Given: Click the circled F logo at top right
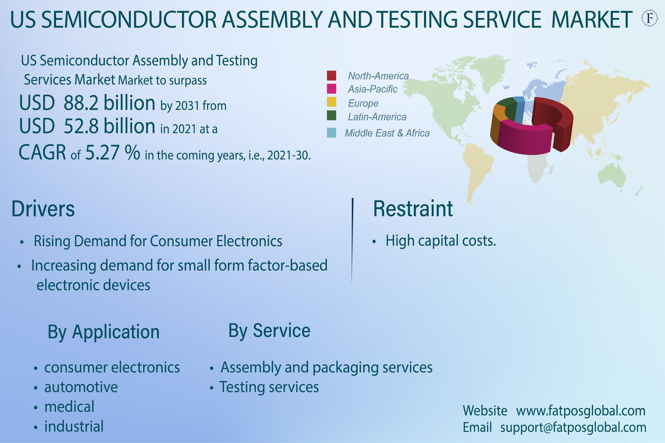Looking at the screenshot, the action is pos(650,18).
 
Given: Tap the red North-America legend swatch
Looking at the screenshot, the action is pos(332,76).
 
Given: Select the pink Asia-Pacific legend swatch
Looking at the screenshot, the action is pos(332,89).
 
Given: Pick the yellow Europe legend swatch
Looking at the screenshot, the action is pos(332,102).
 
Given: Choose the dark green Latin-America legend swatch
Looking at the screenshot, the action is pos(332,115).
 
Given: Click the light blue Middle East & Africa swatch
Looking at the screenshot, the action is pos(332,133).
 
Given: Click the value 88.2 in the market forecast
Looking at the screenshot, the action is pos(81,103).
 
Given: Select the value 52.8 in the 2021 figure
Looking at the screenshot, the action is pos(81,126).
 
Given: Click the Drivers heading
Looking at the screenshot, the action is pos(43,209).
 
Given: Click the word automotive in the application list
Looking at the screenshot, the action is pos(81,387).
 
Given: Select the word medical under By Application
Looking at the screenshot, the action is pos(69,407).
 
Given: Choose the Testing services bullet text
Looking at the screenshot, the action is pos(269,387).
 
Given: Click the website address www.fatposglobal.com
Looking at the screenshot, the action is pos(581,411).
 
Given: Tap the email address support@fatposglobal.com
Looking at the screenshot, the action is pos(573,427).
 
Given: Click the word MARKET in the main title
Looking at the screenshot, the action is pos(592,19).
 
